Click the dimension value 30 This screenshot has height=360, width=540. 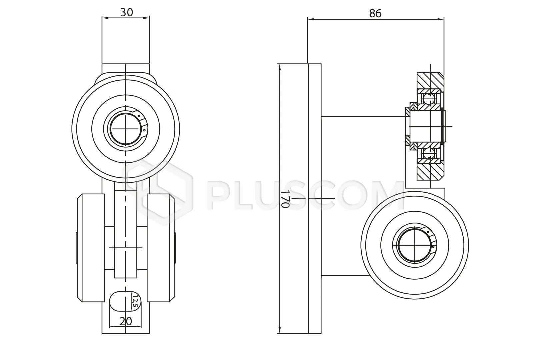(x=127, y=12)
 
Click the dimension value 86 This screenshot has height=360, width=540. (x=375, y=13)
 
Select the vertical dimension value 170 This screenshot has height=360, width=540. (x=284, y=199)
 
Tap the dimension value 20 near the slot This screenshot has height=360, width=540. (x=126, y=321)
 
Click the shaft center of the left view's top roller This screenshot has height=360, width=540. (x=126, y=129)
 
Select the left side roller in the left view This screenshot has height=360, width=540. (x=91, y=248)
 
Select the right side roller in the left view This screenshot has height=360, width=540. (x=161, y=248)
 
